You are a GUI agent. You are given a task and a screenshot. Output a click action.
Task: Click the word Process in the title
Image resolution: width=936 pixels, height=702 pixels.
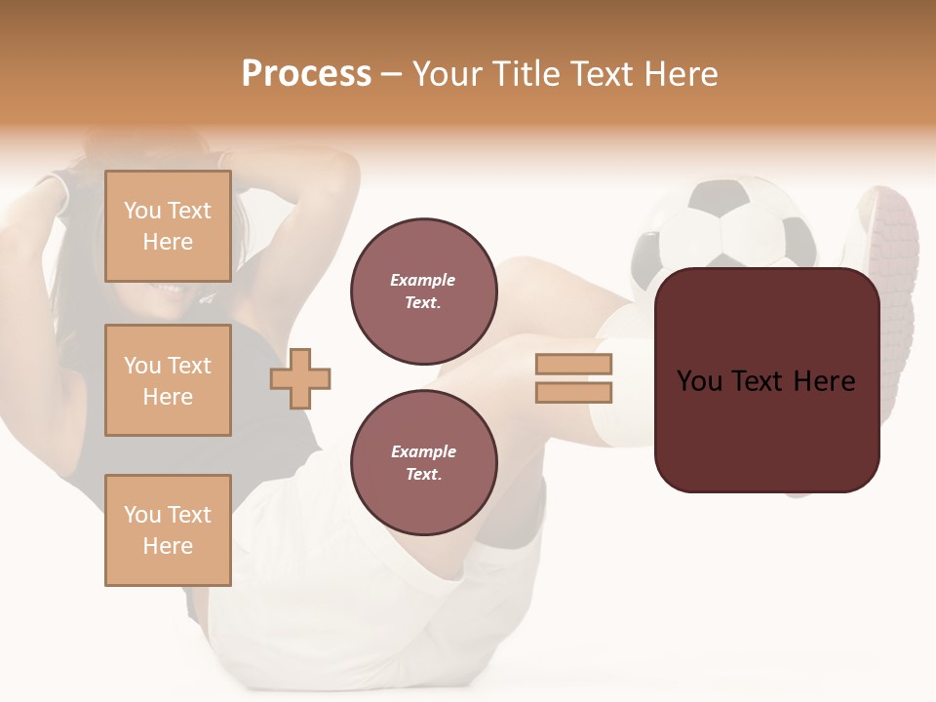pyautogui.click(x=306, y=74)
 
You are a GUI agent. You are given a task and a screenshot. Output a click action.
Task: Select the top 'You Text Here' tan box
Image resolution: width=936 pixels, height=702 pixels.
pyautogui.click(x=168, y=226)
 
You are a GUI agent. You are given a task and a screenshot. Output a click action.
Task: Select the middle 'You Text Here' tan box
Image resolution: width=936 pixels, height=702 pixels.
pyautogui.click(x=168, y=380)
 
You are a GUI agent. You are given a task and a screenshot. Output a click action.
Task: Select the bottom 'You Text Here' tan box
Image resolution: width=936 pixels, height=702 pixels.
pyautogui.click(x=168, y=529)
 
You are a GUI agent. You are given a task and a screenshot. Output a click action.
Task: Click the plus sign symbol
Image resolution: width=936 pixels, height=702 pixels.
pyautogui.click(x=300, y=378)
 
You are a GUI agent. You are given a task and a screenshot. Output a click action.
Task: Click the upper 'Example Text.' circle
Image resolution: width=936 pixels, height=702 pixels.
pyautogui.click(x=423, y=291)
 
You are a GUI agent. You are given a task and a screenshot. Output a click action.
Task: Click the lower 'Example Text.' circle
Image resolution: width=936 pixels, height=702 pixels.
pyautogui.click(x=423, y=462)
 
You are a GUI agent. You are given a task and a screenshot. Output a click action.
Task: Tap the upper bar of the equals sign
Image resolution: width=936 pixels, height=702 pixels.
pyautogui.click(x=573, y=364)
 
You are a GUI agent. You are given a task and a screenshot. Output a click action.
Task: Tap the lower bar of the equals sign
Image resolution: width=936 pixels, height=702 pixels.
pyautogui.click(x=573, y=392)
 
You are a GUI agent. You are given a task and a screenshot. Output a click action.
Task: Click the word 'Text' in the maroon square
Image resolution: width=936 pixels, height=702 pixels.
pyautogui.click(x=765, y=381)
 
